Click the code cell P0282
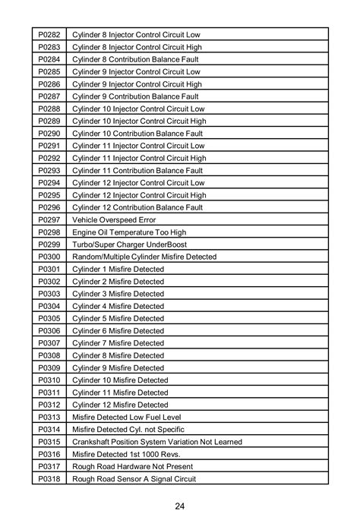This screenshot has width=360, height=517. [49, 35]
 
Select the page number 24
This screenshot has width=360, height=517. [180, 506]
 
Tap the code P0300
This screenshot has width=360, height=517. [49, 257]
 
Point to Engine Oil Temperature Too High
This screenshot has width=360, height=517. [129, 232]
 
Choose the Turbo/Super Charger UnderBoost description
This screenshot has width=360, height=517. [129, 244]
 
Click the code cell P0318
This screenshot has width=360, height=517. [49, 478]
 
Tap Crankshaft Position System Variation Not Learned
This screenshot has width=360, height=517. [157, 441]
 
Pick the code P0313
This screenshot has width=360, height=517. [49, 417]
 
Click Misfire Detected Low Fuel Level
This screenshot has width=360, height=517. [127, 417]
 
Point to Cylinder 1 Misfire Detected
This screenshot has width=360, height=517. [118, 269]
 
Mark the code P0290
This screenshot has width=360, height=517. [49, 134]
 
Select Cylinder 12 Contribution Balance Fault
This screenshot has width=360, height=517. [137, 207]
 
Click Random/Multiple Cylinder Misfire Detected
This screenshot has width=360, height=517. [144, 257]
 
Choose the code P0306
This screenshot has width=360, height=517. [49, 330]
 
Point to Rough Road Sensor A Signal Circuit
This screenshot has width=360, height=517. [134, 478]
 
